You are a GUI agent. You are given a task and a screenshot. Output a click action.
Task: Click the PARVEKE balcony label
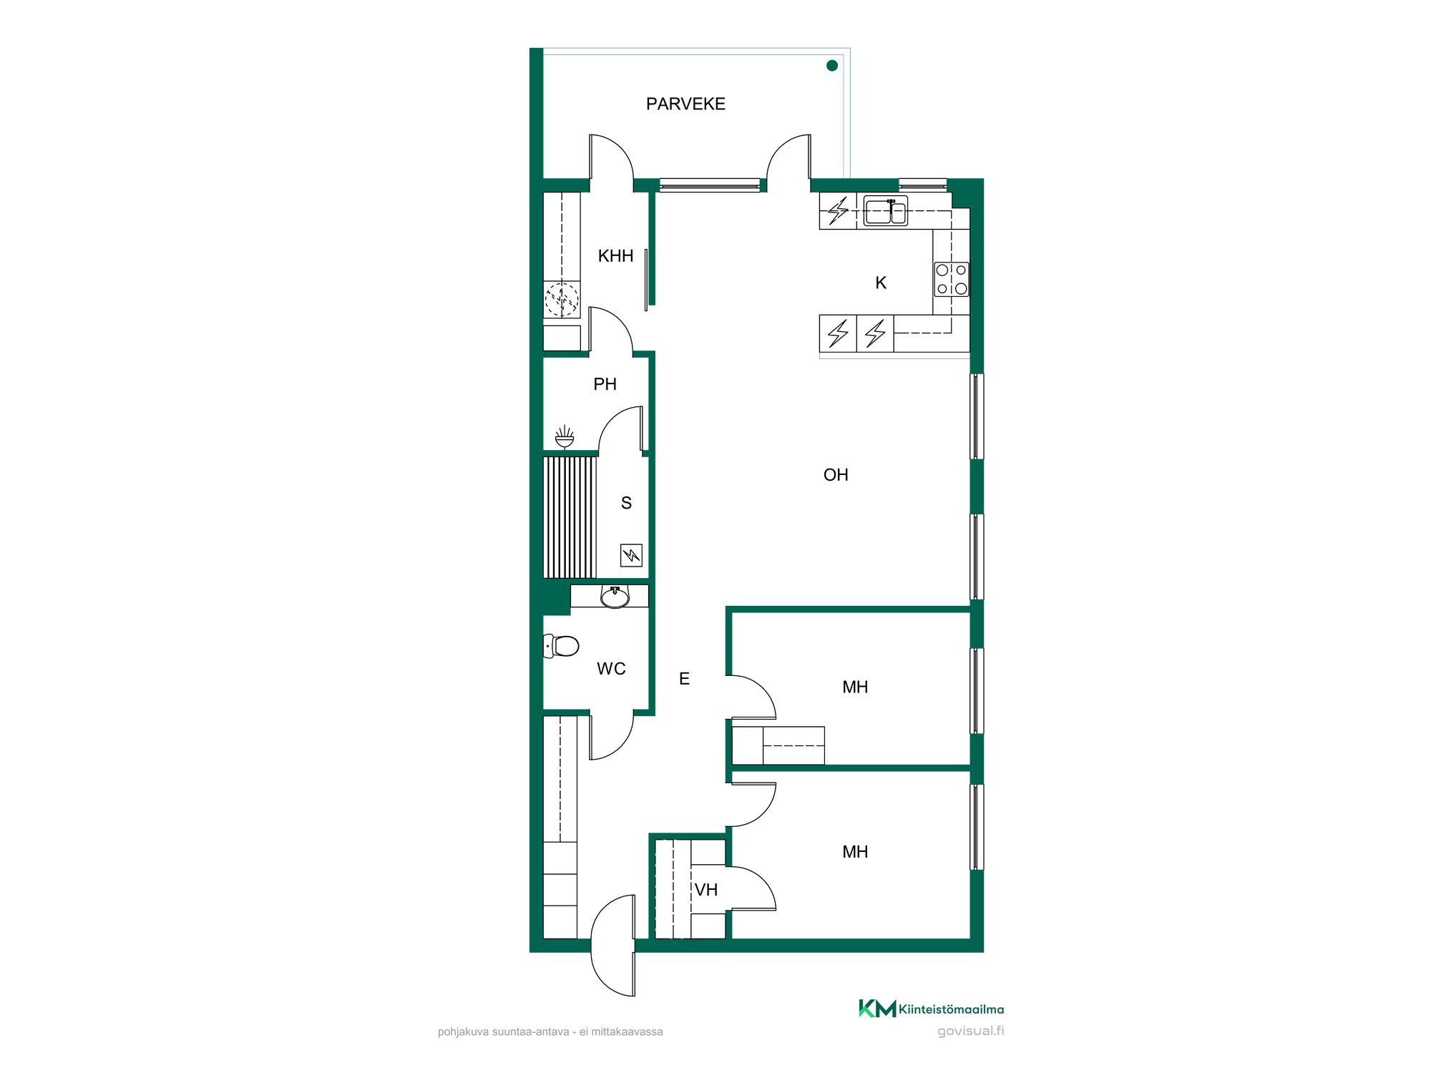point(685,104)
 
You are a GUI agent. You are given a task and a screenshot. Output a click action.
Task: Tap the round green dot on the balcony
point(832,66)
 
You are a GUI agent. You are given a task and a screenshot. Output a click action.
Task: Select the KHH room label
point(615,256)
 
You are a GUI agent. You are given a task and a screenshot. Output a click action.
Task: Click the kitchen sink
point(886,211)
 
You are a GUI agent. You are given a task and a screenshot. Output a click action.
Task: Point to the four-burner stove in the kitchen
point(952,280)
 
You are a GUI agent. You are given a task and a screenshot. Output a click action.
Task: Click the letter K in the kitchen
point(881,283)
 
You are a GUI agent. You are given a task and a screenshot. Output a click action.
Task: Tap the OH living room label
point(836,475)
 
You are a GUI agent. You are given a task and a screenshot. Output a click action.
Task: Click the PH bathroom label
point(605,384)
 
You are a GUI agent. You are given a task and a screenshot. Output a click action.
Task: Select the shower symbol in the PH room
point(565,437)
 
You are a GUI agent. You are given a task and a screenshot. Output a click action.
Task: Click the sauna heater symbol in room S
point(631,555)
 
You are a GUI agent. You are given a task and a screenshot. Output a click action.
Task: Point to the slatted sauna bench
point(570,517)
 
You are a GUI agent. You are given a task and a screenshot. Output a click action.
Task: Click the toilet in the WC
point(561,647)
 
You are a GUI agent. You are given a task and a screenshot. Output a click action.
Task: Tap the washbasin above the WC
point(615,597)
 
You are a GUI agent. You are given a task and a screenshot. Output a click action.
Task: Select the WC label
point(611,669)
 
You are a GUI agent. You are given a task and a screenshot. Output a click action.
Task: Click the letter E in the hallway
point(684,679)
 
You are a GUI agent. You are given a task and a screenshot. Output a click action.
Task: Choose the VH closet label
point(706,890)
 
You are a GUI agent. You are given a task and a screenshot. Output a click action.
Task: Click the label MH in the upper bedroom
point(855,687)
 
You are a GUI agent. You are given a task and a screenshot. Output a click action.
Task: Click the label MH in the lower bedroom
point(855,852)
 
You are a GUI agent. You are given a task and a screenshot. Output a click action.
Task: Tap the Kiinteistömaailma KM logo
point(931,1009)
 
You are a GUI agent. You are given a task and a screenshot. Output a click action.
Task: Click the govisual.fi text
point(971,1031)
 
